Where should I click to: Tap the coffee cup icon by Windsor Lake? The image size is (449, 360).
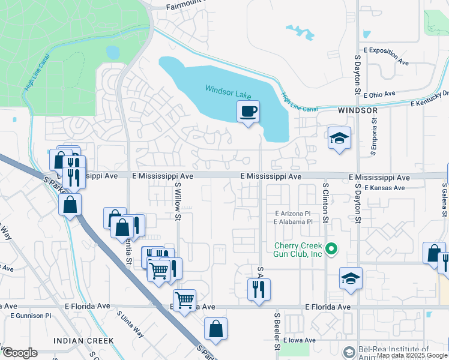click(x=248, y=111)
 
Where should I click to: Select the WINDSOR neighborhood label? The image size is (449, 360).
click(x=358, y=111)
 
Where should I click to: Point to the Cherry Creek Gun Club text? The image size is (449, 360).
click(x=298, y=250)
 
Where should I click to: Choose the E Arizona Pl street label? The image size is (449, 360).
click(x=292, y=214)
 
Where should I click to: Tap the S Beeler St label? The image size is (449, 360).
click(x=277, y=329)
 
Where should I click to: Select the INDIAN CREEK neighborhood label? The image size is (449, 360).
click(x=83, y=341)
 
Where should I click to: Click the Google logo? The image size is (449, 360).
click(x=19, y=353)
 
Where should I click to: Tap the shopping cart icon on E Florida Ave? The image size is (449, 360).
click(x=185, y=298)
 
